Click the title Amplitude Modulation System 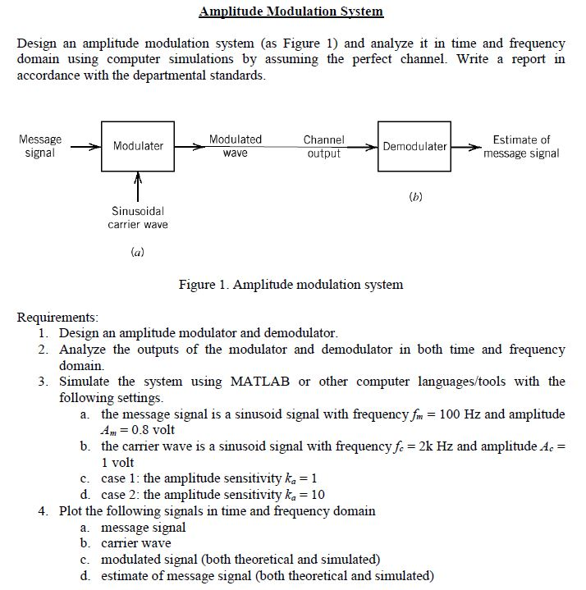291,11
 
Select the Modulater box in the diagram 138,146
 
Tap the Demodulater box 414,147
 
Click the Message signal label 39,146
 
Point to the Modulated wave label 236,146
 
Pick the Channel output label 323,147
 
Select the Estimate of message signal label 521,146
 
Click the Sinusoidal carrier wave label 137,217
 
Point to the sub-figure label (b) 414,198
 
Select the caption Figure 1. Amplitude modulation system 291,285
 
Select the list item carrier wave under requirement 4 136,543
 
